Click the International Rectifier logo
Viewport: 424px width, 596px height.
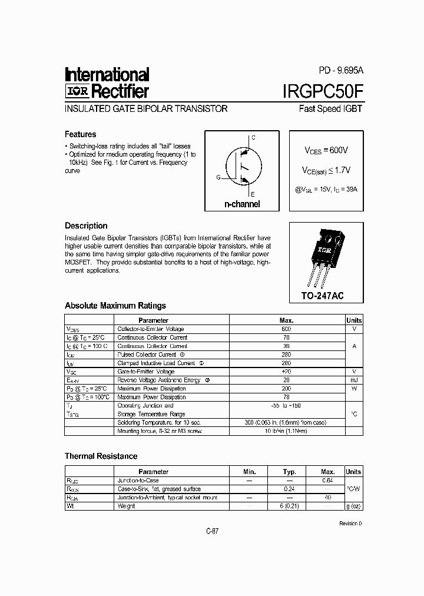click(x=107, y=83)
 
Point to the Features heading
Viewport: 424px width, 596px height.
click(x=80, y=134)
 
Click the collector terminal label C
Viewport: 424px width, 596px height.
click(x=253, y=138)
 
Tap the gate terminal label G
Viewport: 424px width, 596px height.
click(x=218, y=177)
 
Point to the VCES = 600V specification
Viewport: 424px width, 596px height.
click(x=326, y=151)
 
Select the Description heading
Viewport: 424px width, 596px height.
click(x=86, y=226)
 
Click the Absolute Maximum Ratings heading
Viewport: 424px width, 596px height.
click(x=115, y=306)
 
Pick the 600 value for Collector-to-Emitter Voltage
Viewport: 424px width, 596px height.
click(x=287, y=329)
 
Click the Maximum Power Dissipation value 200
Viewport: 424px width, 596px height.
click(x=287, y=389)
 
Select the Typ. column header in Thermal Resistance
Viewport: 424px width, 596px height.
click(x=289, y=472)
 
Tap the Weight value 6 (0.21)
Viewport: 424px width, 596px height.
click(x=289, y=506)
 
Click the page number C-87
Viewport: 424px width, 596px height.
click(x=212, y=531)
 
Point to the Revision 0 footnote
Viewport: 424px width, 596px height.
click(x=351, y=523)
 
